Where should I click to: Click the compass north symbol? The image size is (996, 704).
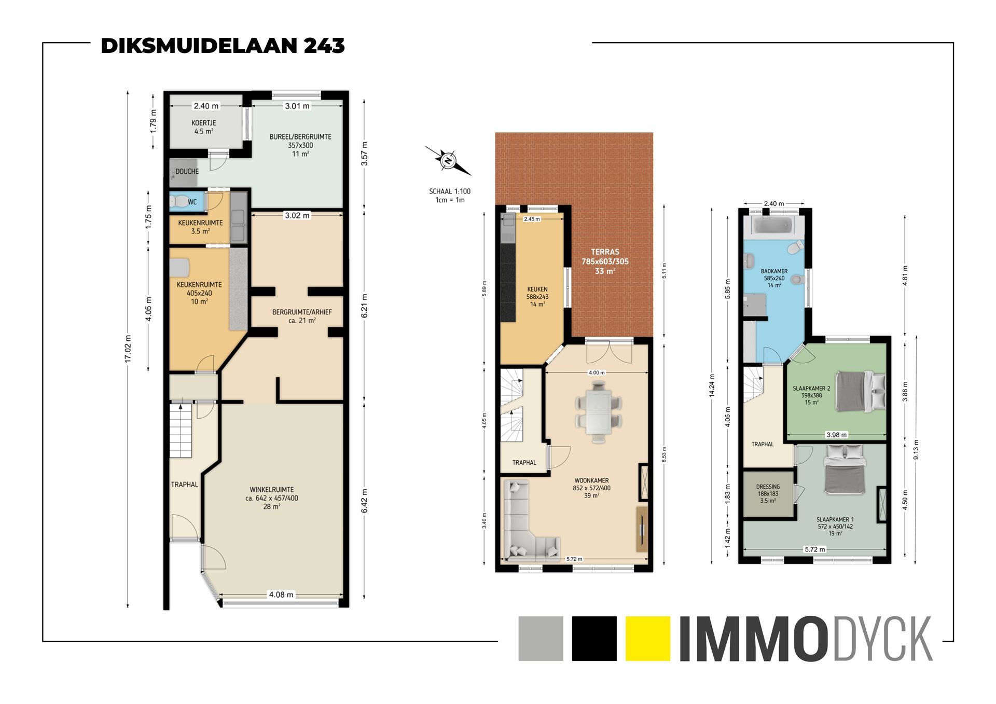tap(448, 161)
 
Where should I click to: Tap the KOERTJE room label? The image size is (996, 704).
tap(204, 123)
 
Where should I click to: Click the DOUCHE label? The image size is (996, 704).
tap(187, 172)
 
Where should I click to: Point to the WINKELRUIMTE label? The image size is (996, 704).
tap(272, 489)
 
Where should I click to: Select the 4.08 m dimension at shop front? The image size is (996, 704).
tap(281, 595)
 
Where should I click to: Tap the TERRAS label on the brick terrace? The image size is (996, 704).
tap(605, 252)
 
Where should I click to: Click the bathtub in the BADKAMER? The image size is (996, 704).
tap(773, 226)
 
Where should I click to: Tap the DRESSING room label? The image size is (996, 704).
tap(768, 487)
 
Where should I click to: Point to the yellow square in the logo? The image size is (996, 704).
tap(648, 638)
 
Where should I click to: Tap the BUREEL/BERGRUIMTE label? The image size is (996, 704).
tap(300, 137)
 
